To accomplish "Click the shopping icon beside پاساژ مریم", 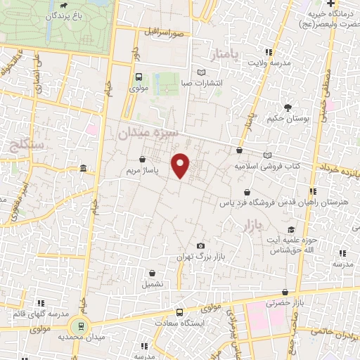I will click(x=143, y=160).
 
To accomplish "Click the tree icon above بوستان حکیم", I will click(x=288, y=108).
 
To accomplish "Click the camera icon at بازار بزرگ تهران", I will click(x=201, y=245).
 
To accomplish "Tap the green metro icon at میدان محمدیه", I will click(x=80, y=325).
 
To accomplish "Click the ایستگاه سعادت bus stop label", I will click(x=202, y=322).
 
